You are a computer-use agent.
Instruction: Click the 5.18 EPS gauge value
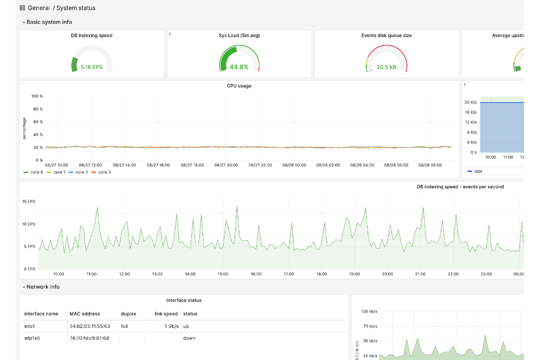91,67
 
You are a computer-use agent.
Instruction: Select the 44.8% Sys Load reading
239,67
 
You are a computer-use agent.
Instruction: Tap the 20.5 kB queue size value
386,67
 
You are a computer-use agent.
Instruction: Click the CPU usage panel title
239,86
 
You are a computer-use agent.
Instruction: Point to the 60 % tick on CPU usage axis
38,122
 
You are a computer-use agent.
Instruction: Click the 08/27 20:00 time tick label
226,165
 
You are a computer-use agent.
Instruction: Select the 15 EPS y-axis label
28,202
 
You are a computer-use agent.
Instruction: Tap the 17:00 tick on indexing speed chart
289,274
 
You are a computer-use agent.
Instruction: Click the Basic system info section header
49,22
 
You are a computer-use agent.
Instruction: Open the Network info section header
43,287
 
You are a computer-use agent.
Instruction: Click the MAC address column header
85,314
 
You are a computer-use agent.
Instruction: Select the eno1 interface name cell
30,326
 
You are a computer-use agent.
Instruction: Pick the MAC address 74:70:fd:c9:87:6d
89,338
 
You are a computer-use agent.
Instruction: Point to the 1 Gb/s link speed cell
171,326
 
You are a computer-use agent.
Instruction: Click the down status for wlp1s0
189,338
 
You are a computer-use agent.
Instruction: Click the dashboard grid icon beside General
22,8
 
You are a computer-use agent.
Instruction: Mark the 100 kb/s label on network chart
369,311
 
